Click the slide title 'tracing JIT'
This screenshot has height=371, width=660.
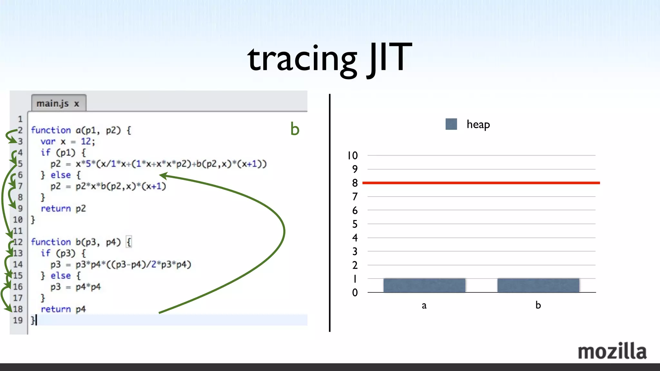(329, 59)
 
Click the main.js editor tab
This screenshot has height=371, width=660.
(58, 103)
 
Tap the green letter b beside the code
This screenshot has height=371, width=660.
(295, 129)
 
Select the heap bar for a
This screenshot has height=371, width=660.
(424, 285)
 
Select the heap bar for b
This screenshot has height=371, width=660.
(538, 285)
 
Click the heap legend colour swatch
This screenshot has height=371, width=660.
(451, 124)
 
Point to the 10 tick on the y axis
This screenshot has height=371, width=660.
(353, 156)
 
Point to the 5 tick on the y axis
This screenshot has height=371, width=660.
(355, 224)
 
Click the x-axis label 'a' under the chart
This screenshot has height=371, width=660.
(424, 305)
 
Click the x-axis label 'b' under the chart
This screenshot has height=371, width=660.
(538, 305)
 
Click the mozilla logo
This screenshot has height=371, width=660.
(612, 351)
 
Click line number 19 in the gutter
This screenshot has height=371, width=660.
(18, 320)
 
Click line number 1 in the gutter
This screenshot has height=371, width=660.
(20, 119)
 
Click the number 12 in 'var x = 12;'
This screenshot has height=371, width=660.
(86, 141)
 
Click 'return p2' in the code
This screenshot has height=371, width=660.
(63, 208)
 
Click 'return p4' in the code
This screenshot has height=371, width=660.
(63, 309)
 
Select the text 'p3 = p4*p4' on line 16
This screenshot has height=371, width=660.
(75, 287)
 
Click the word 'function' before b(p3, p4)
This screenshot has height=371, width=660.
(51, 242)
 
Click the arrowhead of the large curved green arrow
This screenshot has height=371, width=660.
(163, 176)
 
